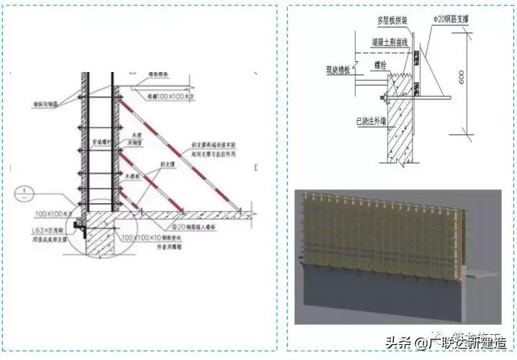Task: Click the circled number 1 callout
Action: tap(24, 193)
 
